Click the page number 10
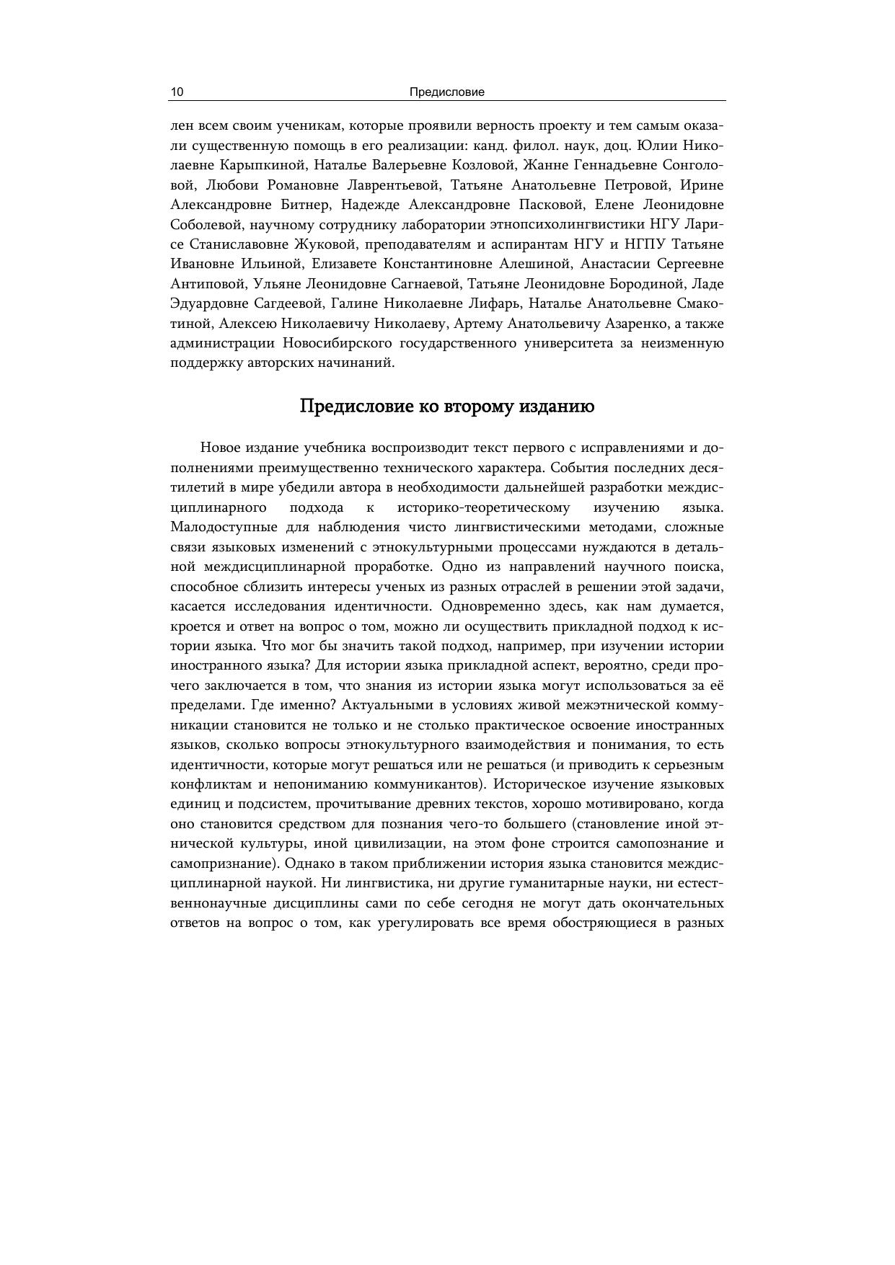[x=177, y=92]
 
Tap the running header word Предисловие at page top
[x=446, y=92]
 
